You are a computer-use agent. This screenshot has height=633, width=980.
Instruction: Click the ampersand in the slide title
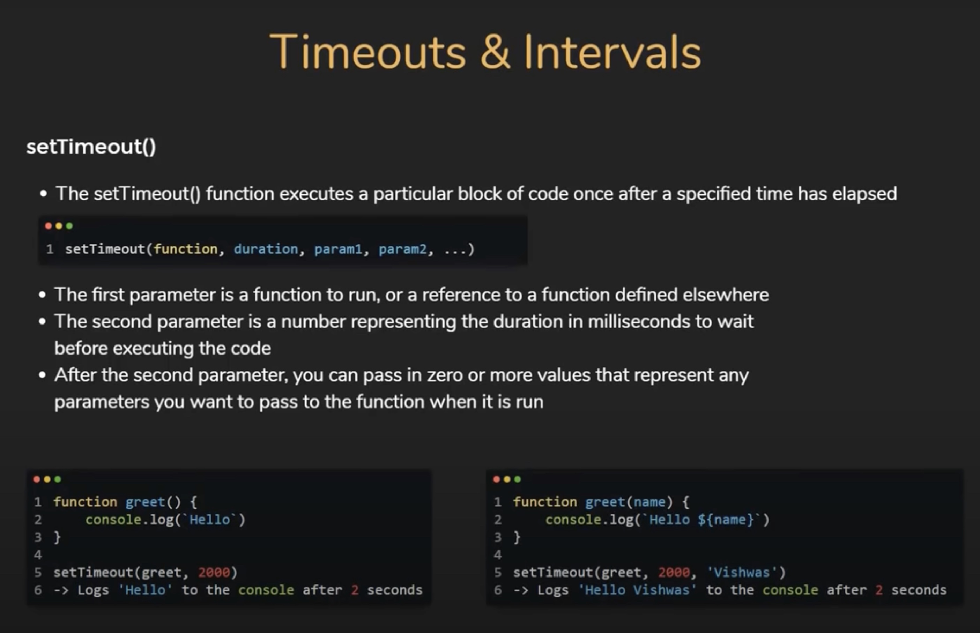495,53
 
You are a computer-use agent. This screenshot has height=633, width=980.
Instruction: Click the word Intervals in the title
612,53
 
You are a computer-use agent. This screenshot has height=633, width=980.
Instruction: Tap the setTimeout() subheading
91,147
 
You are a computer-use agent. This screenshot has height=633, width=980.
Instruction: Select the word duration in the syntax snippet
266,249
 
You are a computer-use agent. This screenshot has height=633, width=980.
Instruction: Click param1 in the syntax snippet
338,249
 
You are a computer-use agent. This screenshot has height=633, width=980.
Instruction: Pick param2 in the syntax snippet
402,249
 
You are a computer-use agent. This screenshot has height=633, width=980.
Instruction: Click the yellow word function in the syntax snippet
185,249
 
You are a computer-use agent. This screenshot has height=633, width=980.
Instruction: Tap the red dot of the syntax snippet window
48,226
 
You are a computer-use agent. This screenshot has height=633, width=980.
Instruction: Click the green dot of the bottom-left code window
58,479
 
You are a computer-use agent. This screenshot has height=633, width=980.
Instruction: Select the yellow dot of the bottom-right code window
507,479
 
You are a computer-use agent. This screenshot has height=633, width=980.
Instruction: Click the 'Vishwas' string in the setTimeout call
742,572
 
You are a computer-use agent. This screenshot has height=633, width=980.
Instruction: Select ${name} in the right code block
726,520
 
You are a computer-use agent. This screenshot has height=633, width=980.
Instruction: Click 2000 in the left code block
214,572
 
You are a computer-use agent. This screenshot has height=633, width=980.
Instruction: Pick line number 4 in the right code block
498,555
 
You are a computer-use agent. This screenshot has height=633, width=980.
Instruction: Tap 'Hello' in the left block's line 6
145,590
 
